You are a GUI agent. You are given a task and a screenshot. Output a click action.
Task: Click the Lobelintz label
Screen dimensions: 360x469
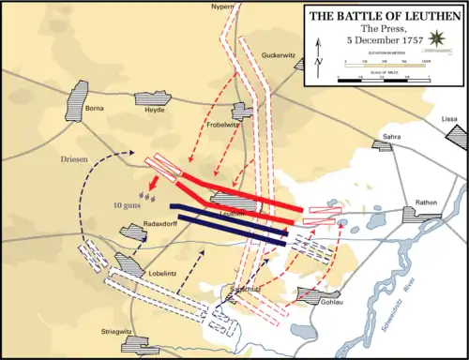click(144, 272)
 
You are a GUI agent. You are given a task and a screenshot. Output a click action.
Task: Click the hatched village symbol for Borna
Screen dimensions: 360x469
click(77, 97)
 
